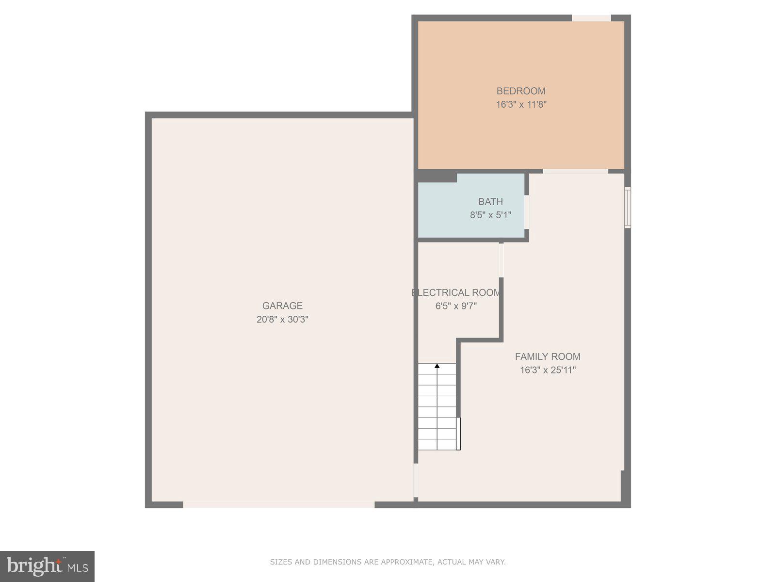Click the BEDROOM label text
click(520, 91)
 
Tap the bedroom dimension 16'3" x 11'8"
click(520, 105)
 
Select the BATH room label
click(490, 202)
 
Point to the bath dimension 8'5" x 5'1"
click(490, 215)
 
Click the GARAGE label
click(282, 306)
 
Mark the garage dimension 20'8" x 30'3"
click(282, 320)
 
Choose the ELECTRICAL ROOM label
click(456, 293)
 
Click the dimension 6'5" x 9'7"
click(456, 307)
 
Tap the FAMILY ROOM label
click(548, 357)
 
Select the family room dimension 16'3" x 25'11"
click(548, 371)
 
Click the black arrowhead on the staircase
click(437, 366)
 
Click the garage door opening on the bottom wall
click(278, 505)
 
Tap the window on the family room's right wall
click(627, 208)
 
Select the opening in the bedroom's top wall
click(591, 18)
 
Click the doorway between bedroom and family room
click(575, 171)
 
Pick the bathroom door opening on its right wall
click(527, 212)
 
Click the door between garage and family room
click(416, 480)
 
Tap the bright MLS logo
click(47, 566)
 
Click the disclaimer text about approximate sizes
click(388, 562)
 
